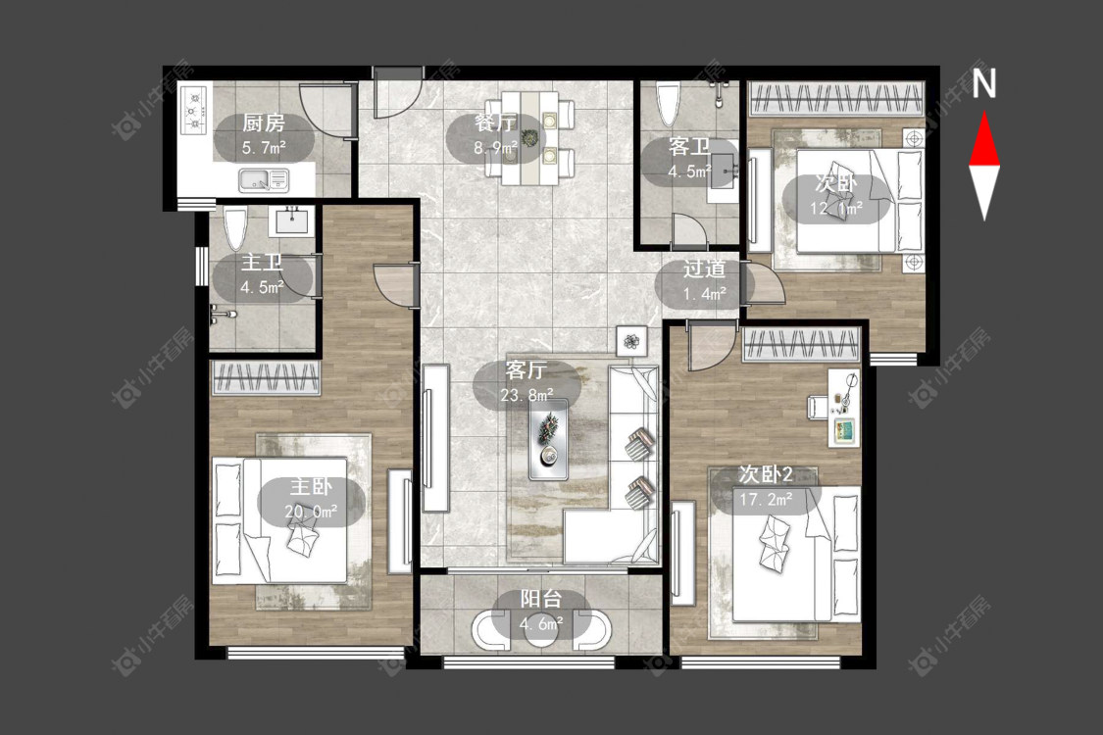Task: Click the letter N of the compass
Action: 983,82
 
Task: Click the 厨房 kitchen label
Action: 264,123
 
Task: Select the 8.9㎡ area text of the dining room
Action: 495,148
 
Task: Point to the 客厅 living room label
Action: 526,370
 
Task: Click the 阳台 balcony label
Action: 541,599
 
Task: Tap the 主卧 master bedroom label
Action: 311,487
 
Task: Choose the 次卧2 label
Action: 766,474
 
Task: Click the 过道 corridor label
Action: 704,269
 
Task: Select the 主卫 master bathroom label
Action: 262,263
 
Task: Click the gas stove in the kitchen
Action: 194,110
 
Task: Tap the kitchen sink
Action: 263,180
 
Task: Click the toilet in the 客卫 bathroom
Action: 669,104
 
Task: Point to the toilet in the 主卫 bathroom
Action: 235,228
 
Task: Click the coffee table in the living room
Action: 549,440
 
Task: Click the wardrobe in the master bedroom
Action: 266,377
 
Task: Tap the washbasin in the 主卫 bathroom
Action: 292,220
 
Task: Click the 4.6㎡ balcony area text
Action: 541,624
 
